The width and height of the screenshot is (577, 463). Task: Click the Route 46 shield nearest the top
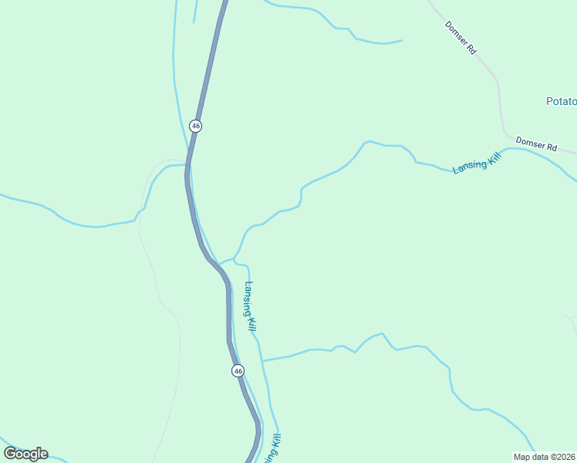click(x=195, y=125)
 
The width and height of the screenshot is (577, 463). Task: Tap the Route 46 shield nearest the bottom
click(x=238, y=371)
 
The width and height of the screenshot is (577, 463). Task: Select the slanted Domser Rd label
click(x=461, y=37)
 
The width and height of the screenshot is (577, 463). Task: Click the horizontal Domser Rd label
click(x=536, y=143)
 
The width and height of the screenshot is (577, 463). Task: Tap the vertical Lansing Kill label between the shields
click(x=250, y=306)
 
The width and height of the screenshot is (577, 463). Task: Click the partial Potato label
click(x=561, y=101)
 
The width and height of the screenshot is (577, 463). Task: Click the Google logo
click(x=25, y=453)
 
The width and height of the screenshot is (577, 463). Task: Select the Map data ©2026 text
click(x=545, y=457)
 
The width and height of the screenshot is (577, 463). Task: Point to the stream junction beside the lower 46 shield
click(x=262, y=360)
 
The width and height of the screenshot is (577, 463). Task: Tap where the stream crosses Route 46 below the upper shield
click(x=187, y=164)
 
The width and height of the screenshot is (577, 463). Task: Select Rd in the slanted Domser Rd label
click(x=471, y=49)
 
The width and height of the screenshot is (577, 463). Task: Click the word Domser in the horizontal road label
click(x=529, y=142)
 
